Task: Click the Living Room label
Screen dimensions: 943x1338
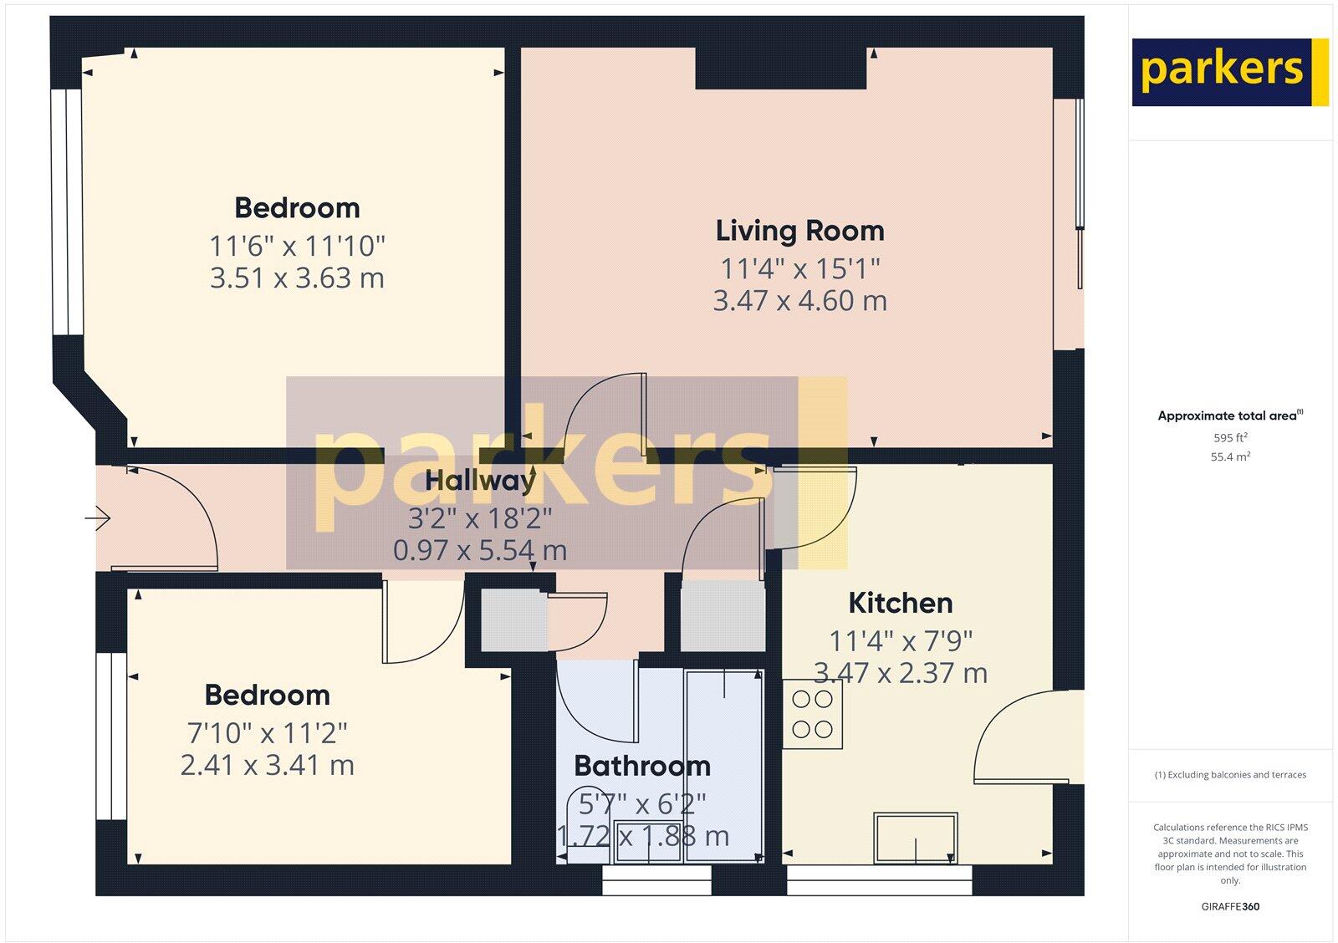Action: pos(799,231)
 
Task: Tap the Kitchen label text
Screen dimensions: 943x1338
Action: pos(900,603)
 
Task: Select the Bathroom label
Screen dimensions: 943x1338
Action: pos(641,766)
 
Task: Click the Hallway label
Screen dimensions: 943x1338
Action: pos(480,481)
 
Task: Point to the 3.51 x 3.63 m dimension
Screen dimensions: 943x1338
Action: pos(297,278)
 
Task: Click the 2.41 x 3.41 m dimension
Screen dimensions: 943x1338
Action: pos(267,765)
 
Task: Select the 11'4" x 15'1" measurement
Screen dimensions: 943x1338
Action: pos(799,268)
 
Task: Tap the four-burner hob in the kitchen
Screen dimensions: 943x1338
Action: pos(812,714)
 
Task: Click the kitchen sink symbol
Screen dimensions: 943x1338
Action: pos(916,837)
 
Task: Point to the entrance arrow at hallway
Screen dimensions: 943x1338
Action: pos(98,518)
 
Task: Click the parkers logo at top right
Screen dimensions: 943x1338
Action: pos(1229,72)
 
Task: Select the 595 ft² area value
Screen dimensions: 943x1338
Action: pos(1230,437)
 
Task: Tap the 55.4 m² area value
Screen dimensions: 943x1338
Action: pos(1230,456)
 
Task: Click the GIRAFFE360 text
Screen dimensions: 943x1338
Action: pos(1229,906)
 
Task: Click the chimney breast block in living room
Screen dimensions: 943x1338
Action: pos(780,68)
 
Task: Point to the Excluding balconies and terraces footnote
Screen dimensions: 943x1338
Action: pos(1230,775)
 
